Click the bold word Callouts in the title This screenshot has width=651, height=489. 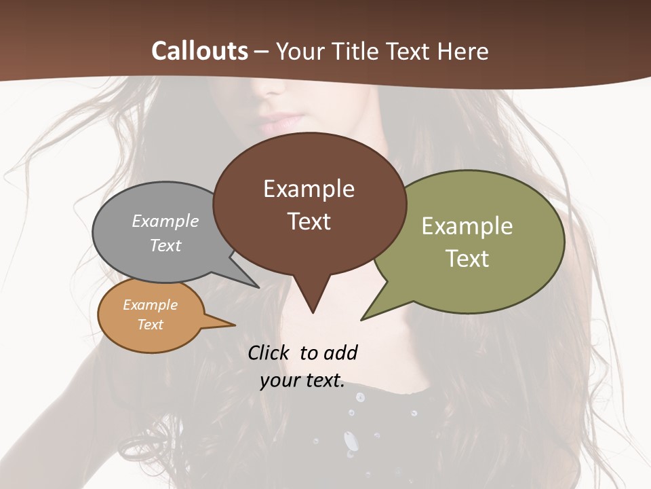[x=199, y=51]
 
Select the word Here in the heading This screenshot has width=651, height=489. [x=464, y=51]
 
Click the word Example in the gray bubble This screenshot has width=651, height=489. [x=165, y=221]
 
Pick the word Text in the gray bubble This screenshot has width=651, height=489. [x=165, y=245]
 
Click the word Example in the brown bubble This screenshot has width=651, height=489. [x=309, y=189]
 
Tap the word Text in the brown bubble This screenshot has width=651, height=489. [x=309, y=221]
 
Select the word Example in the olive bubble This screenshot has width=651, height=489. [x=467, y=226]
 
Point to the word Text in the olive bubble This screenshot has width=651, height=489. [x=467, y=259]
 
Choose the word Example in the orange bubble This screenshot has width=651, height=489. [x=150, y=305]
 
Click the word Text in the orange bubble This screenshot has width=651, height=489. [x=150, y=325]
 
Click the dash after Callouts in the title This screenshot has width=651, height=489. [x=262, y=52]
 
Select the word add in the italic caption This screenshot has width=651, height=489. [x=340, y=353]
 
